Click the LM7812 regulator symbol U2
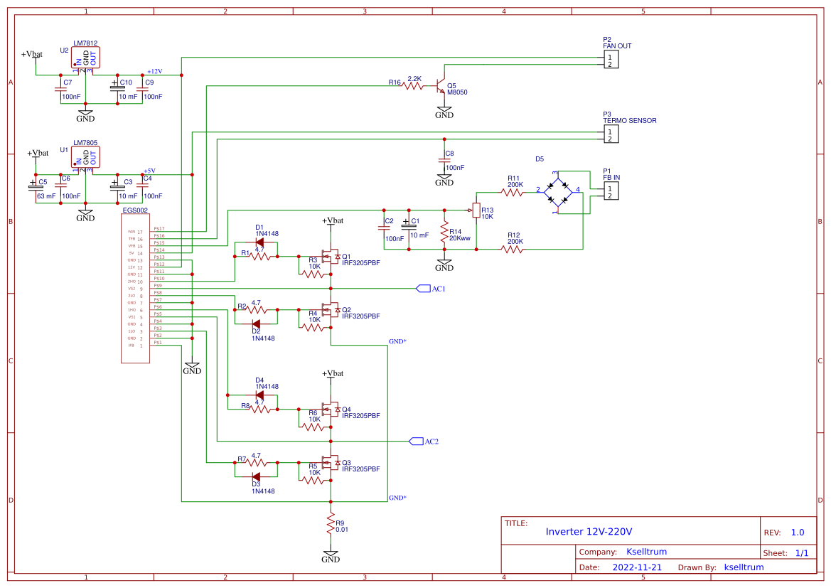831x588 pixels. coord(85,58)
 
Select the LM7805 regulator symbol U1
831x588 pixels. coord(85,158)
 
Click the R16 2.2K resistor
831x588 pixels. coord(414,85)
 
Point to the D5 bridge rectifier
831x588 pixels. coord(558,191)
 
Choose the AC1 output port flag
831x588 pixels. coord(431,289)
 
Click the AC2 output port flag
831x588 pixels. coord(424,441)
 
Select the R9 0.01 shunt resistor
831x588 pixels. coord(331,525)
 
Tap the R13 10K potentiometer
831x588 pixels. coord(476,210)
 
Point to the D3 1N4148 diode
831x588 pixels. coord(256,476)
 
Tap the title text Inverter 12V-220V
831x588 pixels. coord(589,532)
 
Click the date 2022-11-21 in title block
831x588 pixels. coord(636,567)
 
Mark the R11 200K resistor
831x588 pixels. coord(513,192)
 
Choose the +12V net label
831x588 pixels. coord(154,71)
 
